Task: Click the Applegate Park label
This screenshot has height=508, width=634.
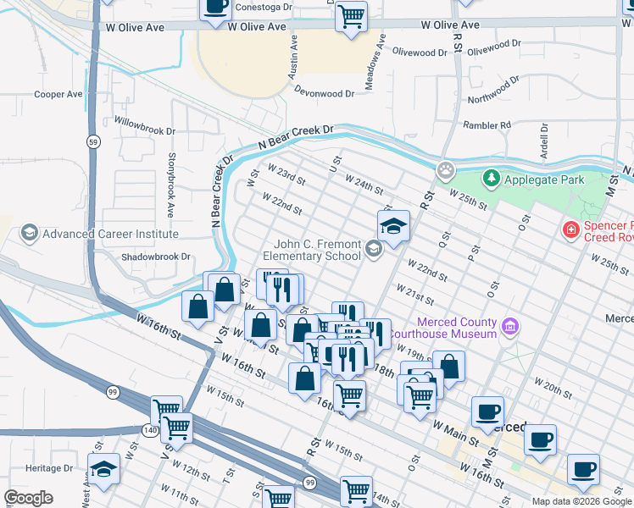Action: pos(544,179)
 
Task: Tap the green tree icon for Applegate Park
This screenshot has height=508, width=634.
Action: pos(490,179)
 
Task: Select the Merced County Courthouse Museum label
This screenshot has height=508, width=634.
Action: pos(455,327)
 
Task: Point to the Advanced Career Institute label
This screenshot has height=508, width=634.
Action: pos(110,234)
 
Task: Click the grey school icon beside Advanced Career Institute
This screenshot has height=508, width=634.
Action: pos(30,233)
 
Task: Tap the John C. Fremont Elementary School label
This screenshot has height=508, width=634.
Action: pos(311,250)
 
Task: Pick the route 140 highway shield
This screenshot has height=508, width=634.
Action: pos(150,430)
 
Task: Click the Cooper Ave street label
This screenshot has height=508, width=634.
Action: pos(58,94)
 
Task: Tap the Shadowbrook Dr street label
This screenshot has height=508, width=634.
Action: pos(156,257)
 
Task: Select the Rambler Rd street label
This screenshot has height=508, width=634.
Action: pos(487,125)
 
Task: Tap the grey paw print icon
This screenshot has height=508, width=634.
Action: pos(446,172)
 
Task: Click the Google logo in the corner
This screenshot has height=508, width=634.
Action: pos(28,497)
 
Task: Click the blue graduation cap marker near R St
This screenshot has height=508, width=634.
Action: pos(393,226)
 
